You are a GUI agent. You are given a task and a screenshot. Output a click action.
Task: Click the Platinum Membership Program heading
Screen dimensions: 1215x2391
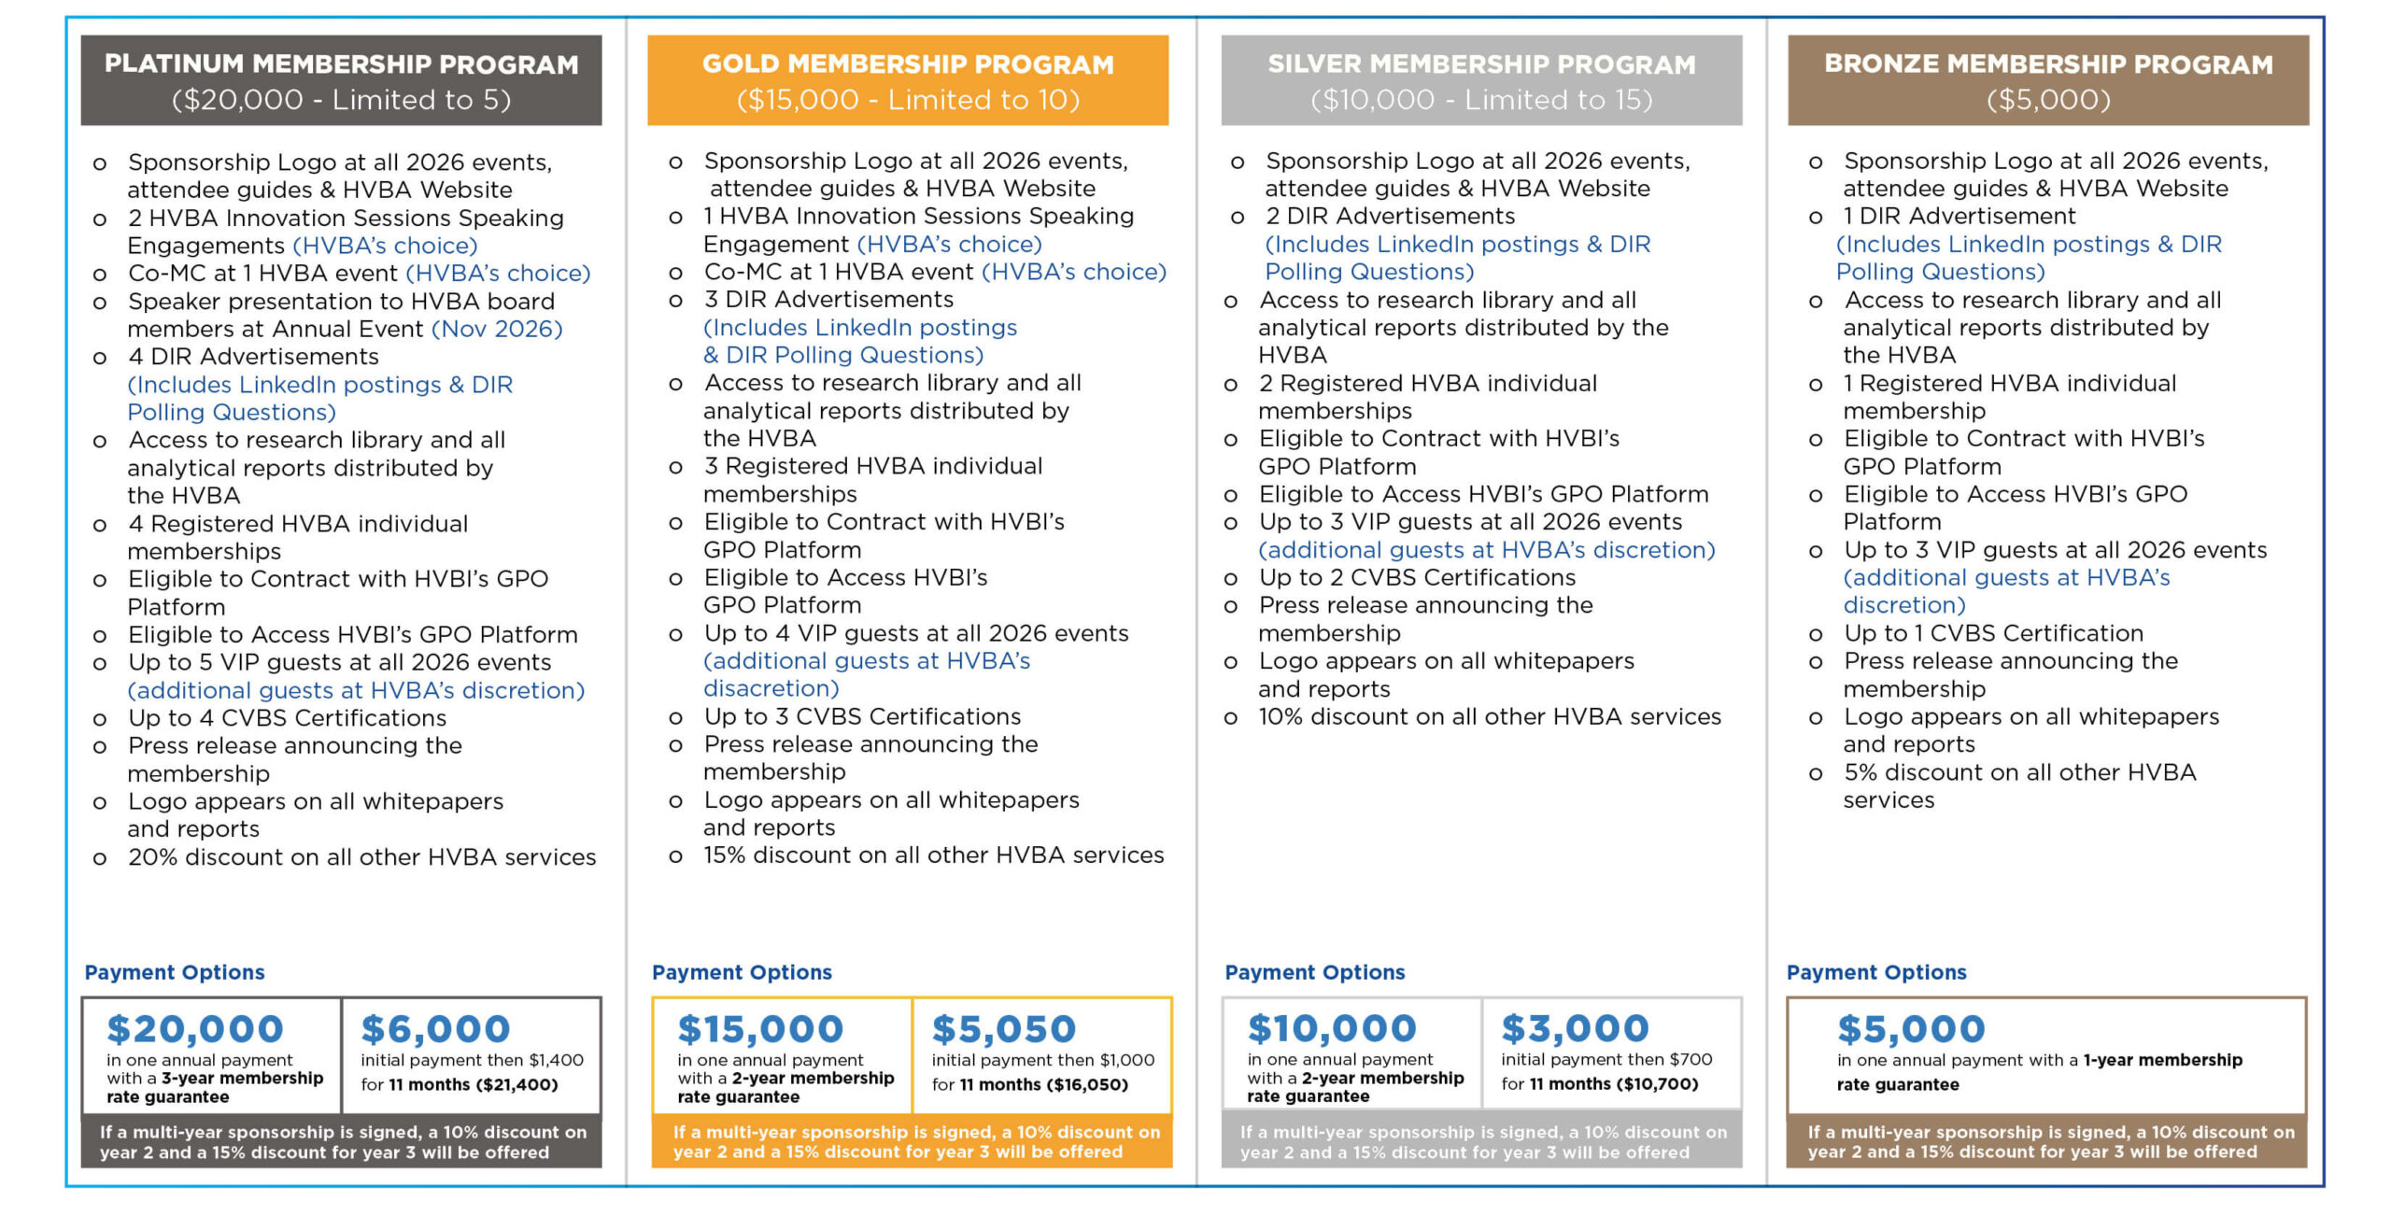pos(341,64)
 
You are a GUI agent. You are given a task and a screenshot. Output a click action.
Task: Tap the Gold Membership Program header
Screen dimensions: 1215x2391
pos(908,64)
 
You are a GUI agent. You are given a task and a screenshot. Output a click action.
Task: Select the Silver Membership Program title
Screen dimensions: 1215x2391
pos(1481,64)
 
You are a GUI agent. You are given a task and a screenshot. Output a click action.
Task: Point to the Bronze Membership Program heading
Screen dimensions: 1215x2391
pos(2048,64)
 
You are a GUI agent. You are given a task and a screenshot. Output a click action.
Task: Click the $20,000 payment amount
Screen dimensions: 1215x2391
pos(195,1029)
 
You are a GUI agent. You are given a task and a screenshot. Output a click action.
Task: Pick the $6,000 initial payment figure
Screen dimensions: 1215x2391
pos(435,1029)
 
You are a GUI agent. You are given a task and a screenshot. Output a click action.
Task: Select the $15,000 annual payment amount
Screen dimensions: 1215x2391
pos(760,1029)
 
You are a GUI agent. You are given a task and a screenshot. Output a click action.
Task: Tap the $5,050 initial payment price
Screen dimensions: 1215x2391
pos(1004,1029)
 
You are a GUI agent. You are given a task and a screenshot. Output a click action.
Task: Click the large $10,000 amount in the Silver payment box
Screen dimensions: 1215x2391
pos(1332,1028)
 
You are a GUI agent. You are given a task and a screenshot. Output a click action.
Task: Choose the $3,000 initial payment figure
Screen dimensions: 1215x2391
pos(1575,1028)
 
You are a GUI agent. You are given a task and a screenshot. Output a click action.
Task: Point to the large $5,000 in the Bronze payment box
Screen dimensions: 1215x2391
pos(1911,1029)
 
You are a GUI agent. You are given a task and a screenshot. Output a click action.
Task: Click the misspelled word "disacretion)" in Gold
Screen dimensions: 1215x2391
pos(771,688)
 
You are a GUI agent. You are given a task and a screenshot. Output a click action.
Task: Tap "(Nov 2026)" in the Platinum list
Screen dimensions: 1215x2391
pos(497,329)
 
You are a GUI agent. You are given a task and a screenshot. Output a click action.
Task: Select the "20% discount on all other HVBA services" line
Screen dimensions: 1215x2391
pos(361,857)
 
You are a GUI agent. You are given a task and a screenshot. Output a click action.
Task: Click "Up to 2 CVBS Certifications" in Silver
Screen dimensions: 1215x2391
pos(1417,578)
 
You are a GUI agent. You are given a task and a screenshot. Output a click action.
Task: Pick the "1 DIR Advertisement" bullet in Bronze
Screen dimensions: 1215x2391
pos(1959,217)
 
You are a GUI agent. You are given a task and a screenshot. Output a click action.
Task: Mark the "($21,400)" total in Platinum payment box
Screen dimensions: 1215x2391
pos(516,1085)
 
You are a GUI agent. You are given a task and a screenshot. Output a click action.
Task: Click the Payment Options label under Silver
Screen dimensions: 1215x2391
pos(1314,972)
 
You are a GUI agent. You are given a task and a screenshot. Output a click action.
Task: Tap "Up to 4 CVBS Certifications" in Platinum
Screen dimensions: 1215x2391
pos(287,718)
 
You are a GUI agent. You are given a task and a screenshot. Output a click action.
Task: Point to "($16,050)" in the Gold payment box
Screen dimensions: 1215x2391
pos(1087,1085)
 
